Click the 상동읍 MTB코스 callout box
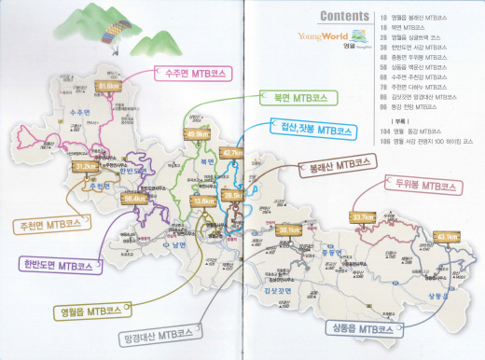point(355,328)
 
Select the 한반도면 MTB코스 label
point(60,265)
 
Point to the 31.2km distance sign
point(85,167)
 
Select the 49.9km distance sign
point(197,134)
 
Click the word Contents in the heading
point(349,16)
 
